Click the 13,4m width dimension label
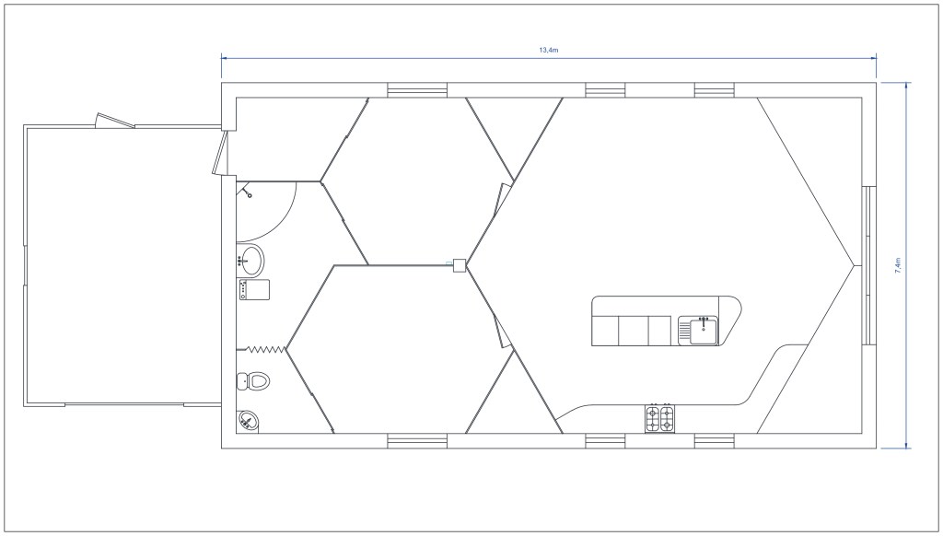(548, 49)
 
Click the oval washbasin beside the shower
(250, 260)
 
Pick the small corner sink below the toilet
(248, 421)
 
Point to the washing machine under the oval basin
(253, 289)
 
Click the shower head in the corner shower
(248, 192)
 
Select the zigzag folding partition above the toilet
(264, 349)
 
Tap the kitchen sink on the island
(700, 329)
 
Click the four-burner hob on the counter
(659, 419)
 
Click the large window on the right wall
(867, 265)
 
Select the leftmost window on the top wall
(417, 89)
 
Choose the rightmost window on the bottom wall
(714, 441)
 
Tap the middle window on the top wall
(605, 89)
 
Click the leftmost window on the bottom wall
(417, 441)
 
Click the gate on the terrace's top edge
(115, 122)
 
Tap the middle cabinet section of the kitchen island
(633, 329)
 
